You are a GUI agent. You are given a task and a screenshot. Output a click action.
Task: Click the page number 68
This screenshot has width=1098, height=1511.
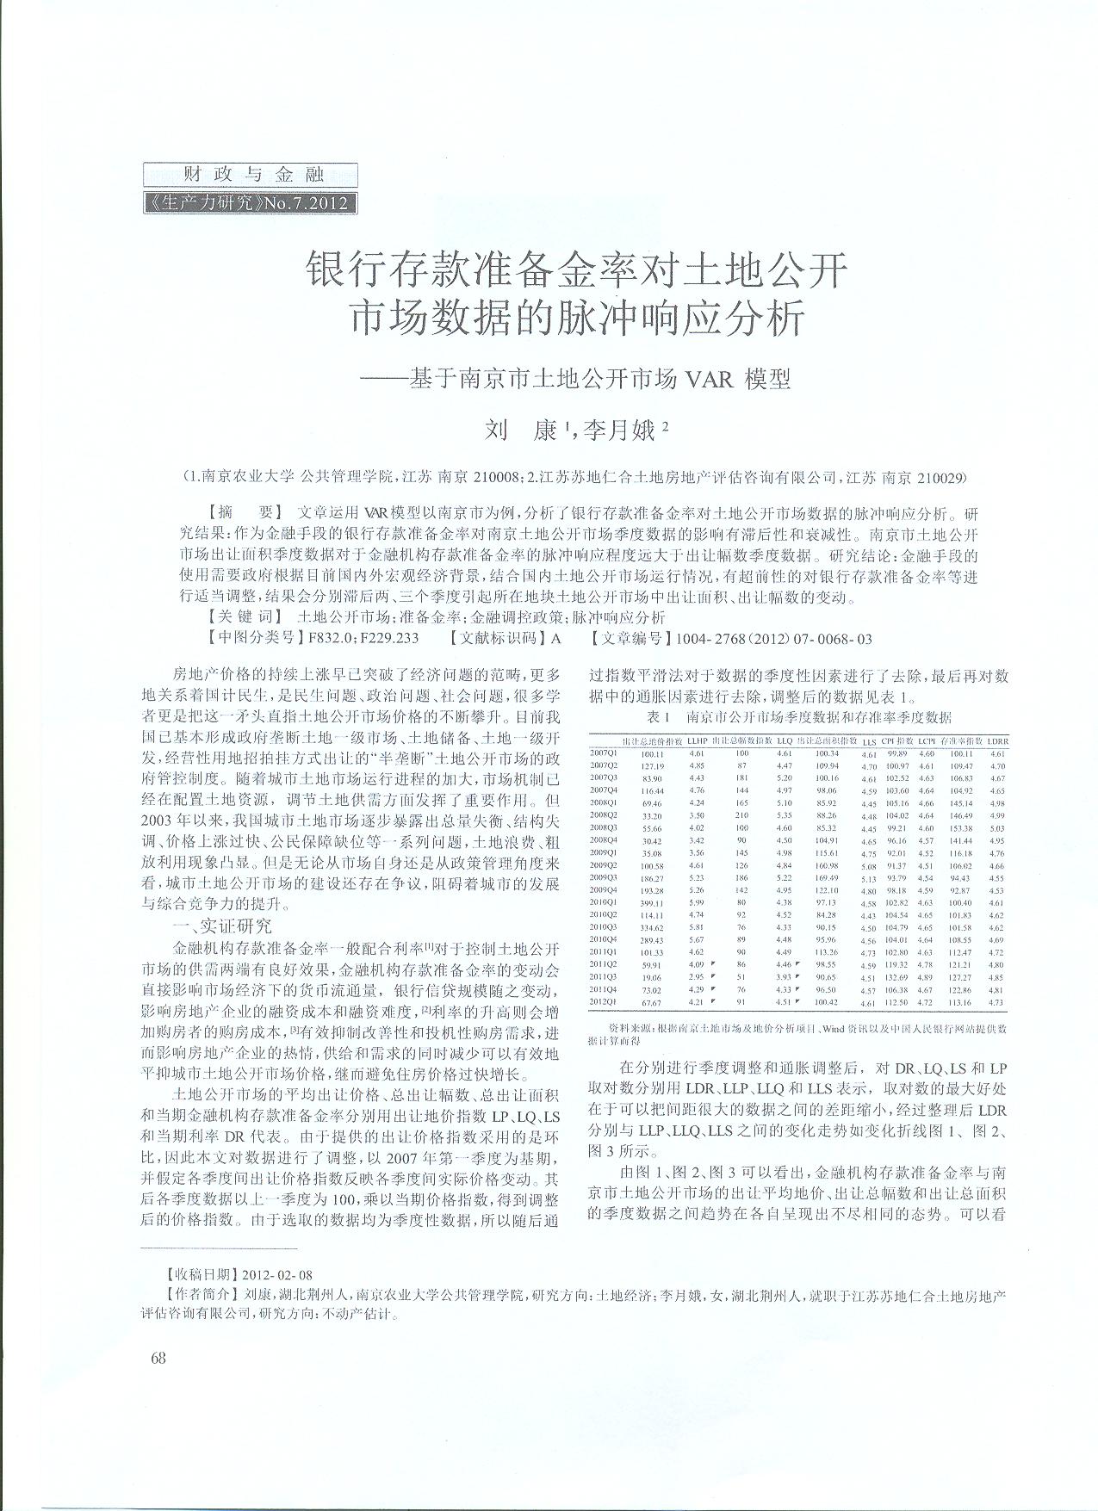[x=158, y=1358]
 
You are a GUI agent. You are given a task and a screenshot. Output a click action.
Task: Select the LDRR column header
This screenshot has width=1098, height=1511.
[x=997, y=740]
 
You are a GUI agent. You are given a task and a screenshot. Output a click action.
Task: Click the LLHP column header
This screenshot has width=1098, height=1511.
[x=697, y=740]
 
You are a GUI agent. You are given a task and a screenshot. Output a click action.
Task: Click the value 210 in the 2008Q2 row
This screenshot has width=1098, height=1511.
[x=741, y=814]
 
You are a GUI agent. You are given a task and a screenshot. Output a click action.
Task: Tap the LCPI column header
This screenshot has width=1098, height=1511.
[x=927, y=740]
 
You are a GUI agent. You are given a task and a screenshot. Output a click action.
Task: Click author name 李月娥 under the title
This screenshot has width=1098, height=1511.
[x=619, y=430]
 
